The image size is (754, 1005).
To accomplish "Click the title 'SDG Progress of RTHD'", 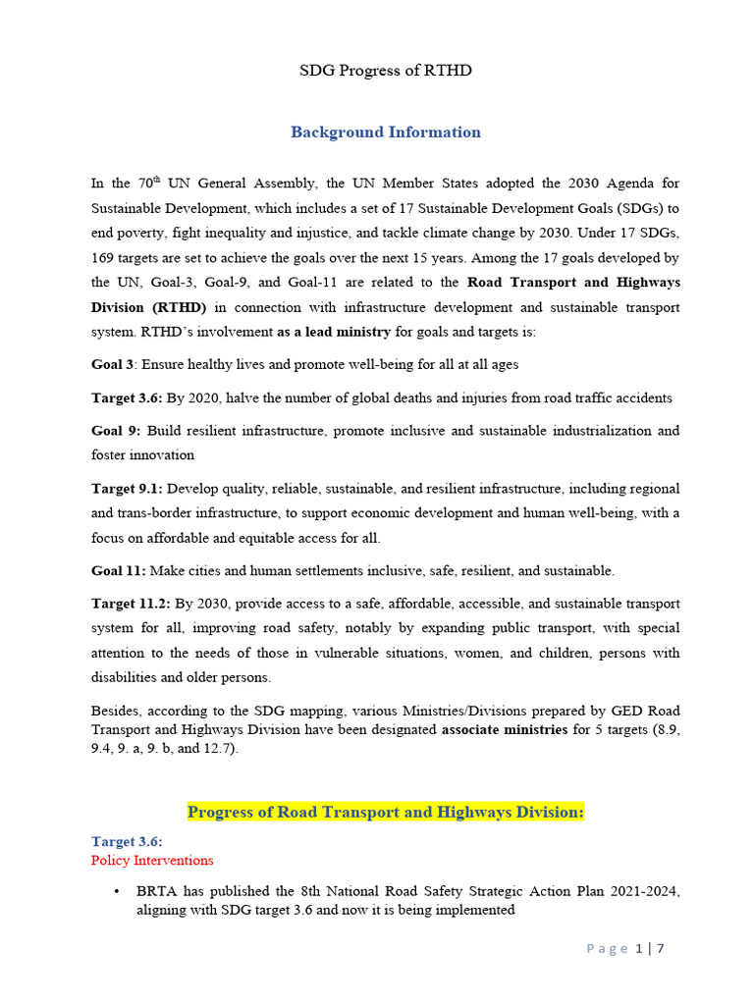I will [385, 72].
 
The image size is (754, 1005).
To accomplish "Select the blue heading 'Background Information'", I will [385, 132].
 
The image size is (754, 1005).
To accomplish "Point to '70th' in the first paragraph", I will [145, 184].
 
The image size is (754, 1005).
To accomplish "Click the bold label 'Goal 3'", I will [112, 365].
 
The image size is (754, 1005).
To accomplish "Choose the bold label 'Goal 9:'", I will [116, 431].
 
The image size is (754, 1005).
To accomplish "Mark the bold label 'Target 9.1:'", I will [127, 489].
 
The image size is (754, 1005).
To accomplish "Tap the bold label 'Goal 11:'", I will [119, 570].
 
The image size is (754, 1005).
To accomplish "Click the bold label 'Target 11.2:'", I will [131, 604].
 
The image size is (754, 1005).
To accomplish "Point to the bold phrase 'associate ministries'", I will [505, 729].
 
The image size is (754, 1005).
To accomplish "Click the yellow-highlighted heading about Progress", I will [385, 812].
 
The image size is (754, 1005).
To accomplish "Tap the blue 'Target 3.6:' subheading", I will [127, 842].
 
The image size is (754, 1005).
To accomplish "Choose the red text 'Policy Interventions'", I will [151, 861].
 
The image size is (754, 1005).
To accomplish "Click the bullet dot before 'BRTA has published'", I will [117, 892].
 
